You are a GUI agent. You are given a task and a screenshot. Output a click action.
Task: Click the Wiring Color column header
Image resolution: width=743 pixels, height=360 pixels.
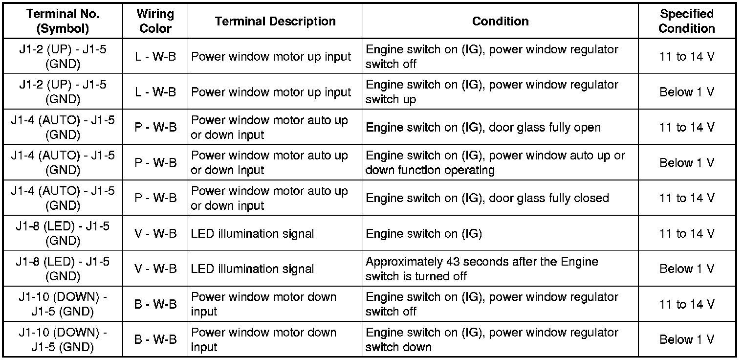[155, 21]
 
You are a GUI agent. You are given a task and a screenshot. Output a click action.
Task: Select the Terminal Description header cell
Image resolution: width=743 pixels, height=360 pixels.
[275, 21]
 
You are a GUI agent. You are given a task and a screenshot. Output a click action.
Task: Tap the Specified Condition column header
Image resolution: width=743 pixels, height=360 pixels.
[686, 21]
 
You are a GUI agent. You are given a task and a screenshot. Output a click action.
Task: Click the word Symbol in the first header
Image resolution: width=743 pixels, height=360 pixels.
[63, 28]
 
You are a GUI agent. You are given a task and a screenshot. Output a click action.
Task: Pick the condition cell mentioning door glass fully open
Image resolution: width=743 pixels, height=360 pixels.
[483, 128]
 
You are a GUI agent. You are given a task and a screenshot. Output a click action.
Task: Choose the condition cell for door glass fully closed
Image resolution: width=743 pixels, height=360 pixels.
[487, 198]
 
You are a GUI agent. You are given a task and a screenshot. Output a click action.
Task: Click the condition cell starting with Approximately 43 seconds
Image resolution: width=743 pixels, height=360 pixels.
[481, 269]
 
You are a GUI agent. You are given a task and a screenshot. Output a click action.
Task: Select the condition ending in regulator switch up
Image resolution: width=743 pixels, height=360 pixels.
[492, 92]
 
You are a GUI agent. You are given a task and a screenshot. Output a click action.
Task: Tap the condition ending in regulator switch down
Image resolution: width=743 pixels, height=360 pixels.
[492, 339]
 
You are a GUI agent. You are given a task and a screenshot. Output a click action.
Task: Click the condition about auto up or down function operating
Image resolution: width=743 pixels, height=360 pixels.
[495, 163]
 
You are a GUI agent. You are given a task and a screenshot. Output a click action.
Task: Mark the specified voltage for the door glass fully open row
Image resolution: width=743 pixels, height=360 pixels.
[686, 128]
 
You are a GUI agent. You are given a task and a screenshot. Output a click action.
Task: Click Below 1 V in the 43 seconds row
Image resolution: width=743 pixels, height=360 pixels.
[686, 269]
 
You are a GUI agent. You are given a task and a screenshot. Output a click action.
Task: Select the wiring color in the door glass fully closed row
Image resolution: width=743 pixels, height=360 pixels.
[155, 198]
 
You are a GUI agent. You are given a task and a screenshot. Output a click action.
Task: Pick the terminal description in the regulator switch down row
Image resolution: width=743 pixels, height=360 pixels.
[263, 339]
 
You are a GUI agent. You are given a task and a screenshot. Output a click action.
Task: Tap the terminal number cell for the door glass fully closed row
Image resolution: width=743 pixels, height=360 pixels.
[63, 198]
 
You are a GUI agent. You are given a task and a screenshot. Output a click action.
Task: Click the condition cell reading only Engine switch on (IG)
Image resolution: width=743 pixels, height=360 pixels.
[423, 234]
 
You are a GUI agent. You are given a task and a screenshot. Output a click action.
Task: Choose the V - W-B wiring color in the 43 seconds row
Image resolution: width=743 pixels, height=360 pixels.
[155, 269]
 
